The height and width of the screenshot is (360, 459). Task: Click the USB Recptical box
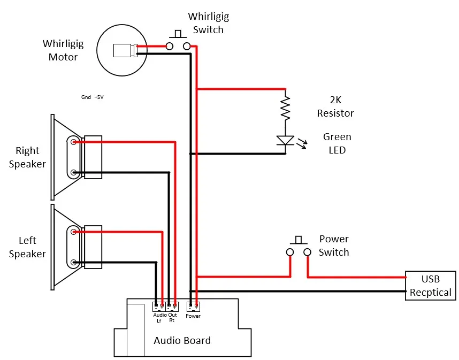(430, 286)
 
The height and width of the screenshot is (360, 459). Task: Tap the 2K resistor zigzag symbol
(286, 108)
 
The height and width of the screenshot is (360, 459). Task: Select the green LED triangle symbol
(286, 140)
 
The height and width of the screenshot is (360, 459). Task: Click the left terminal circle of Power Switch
(290, 252)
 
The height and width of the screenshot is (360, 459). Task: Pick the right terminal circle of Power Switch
(307, 252)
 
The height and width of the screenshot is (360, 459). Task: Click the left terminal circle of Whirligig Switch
(170, 46)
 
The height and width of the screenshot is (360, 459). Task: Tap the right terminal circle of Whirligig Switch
(187, 46)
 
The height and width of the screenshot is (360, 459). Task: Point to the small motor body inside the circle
(125, 50)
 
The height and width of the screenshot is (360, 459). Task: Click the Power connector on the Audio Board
(193, 307)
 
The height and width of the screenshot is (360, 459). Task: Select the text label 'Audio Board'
(182, 340)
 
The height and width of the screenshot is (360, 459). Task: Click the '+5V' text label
(99, 97)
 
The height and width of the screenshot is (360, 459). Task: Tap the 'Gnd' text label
(86, 97)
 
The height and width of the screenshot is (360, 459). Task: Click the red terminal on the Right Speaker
(73, 142)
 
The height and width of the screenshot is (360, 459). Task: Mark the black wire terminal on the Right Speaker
(73, 172)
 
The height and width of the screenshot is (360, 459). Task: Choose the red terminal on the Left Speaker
(73, 232)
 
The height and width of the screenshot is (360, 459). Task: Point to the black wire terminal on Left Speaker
(73, 262)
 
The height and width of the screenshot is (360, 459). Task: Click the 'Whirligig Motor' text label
(63, 50)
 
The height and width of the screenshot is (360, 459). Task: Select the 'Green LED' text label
(337, 143)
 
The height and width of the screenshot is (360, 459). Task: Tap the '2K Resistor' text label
(335, 106)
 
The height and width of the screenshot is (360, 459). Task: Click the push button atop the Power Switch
(299, 240)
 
